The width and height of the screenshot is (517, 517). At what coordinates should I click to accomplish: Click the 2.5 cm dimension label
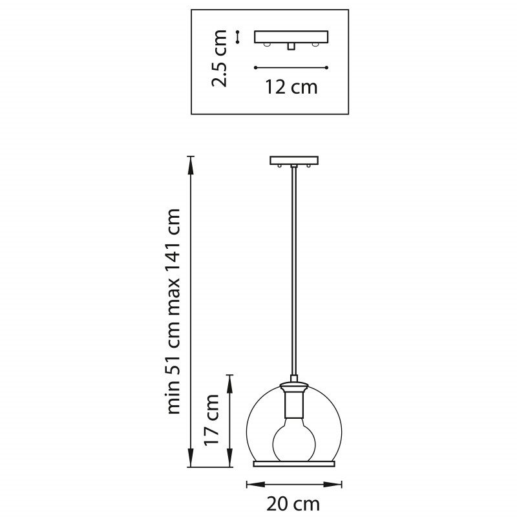(219, 58)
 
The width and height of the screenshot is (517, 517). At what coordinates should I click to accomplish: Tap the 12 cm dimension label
(291, 87)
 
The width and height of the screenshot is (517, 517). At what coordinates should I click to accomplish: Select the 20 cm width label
(293, 504)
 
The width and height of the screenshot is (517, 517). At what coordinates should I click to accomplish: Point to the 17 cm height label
(211, 419)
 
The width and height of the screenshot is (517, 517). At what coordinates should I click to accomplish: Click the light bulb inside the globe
(294, 439)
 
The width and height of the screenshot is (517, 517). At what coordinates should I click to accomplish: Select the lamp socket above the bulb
(294, 400)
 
